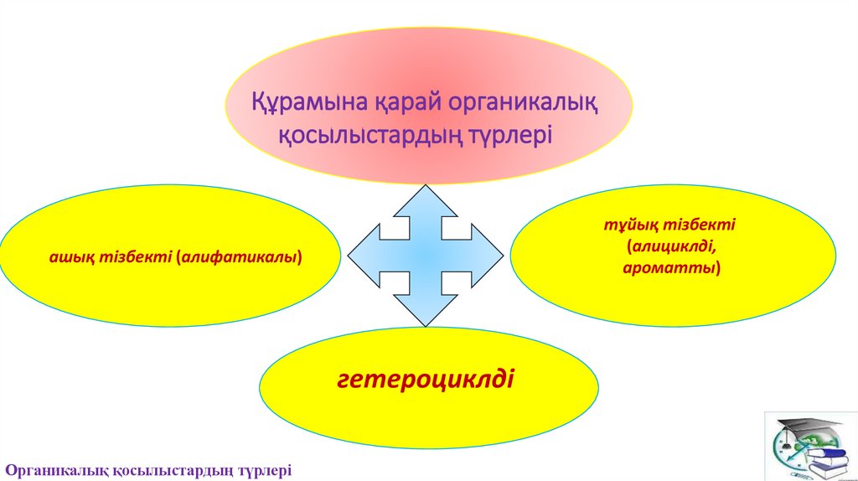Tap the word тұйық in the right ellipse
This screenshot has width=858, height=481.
click(x=631, y=226)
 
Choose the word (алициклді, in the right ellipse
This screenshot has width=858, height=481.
click(x=672, y=248)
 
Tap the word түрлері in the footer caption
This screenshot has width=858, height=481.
click(x=261, y=470)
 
